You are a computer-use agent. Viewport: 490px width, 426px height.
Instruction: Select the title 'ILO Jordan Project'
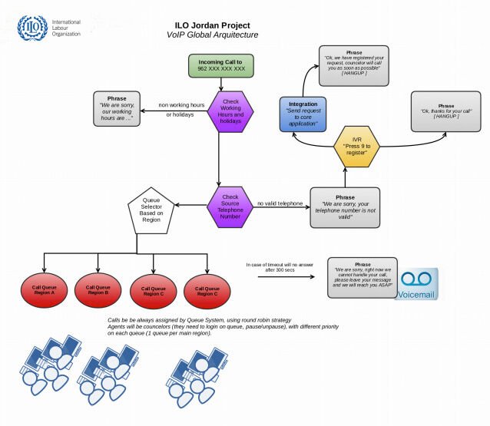[x=212, y=25]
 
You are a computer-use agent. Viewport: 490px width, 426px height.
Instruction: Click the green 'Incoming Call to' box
[x=221, y=64]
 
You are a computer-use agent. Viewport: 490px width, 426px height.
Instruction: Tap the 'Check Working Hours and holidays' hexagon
[x=230, y=111]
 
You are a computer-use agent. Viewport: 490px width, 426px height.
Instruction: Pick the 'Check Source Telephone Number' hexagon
[x=230, y=206]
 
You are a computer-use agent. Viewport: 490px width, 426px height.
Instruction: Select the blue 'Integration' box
[x=303, y=113]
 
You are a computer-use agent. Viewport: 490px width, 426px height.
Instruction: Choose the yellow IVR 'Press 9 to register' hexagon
[x=356, y=147]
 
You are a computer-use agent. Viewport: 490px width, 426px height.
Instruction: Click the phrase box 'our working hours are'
[x=117, y=109]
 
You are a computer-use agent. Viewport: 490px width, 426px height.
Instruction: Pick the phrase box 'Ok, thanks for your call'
[x=446, y=111]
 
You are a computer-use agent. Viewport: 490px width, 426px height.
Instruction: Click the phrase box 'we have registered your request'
[x=355, y=64]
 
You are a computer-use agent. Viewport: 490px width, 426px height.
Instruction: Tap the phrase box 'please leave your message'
[x=363, y=276]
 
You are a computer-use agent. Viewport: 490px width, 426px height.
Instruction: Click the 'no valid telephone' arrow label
[x=280, y=203]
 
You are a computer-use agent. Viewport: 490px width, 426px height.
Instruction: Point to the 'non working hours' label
[x=181, y=105]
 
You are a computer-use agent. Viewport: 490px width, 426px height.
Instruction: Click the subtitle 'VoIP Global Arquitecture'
[x=212, y=35]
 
